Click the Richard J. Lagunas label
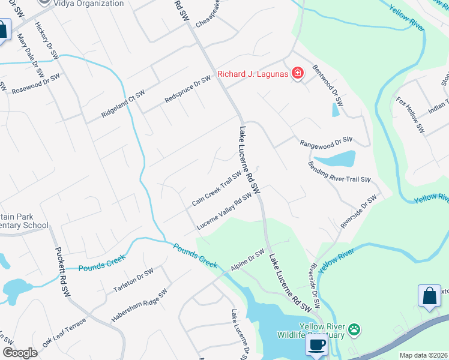253,74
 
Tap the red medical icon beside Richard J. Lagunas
297,74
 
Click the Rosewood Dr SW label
36,83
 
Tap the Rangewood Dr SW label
326,142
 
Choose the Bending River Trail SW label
340,172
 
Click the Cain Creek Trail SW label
216,188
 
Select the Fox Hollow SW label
410,114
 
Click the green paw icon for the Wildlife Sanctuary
355,329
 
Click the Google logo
20,353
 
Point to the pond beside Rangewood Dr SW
335,159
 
